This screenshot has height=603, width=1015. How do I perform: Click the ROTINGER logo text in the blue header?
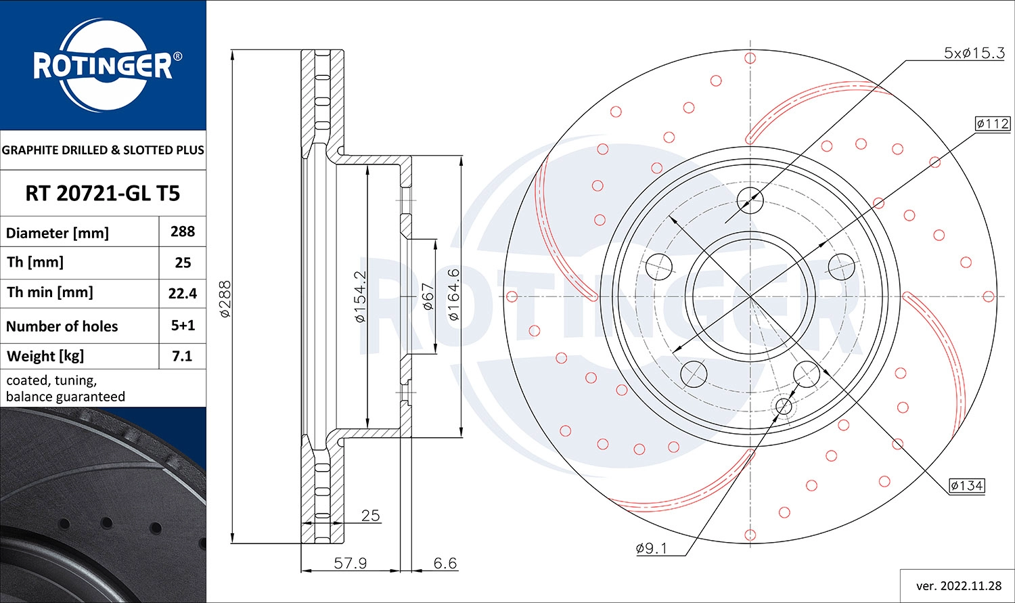coord(103,66)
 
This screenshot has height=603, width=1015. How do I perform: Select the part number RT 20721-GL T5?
coord(103,194)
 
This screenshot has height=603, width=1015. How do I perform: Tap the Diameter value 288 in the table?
coord(183,231)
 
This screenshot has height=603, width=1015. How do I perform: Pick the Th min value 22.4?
coord(183,293)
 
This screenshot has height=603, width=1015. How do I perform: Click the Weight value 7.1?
coord(183,356)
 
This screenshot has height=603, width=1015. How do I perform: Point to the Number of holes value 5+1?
coord(183,326)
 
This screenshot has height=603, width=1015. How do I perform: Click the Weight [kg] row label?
coord(45,356)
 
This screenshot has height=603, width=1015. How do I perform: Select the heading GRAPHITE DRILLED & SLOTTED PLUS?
coord(103,150)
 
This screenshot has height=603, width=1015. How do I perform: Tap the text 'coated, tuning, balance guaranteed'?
coord(66,388)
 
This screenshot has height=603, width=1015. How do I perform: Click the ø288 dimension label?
coord(225,299)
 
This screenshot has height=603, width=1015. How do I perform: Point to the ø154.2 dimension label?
coord(360,296)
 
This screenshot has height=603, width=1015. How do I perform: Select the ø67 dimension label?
coord(428,296)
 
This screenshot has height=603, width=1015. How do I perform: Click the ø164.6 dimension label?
coord(453,294)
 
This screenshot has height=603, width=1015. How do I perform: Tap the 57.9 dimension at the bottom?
coord(351,563)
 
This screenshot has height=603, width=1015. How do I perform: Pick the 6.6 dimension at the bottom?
coord(445,563)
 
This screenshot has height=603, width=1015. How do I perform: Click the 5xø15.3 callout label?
coord(974,53)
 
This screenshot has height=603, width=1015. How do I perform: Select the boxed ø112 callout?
coord(992,123)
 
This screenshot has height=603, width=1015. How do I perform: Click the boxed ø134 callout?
coord(966,485)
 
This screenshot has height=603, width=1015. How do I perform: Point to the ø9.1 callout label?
coord(651,548)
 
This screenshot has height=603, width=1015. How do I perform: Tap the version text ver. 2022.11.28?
coord(958,585)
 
